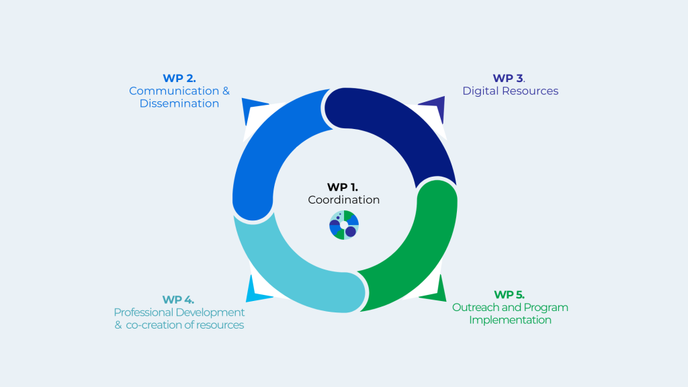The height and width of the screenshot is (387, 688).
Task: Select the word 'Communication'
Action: point(174,91)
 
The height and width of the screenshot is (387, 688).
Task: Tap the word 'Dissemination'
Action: point(179,103)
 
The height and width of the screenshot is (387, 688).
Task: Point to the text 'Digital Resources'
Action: point(510,91)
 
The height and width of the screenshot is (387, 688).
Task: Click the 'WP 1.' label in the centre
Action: point(343,187)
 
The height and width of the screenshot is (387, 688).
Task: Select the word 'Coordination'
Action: point(344,200)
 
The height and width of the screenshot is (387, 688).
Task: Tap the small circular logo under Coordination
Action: point(344,225)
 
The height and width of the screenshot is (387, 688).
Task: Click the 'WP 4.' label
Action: point(178,299)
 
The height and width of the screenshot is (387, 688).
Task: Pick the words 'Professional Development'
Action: point(179,312)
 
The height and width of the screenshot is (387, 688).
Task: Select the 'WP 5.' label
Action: point(509,294)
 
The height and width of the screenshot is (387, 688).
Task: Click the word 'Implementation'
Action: point(510,320)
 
